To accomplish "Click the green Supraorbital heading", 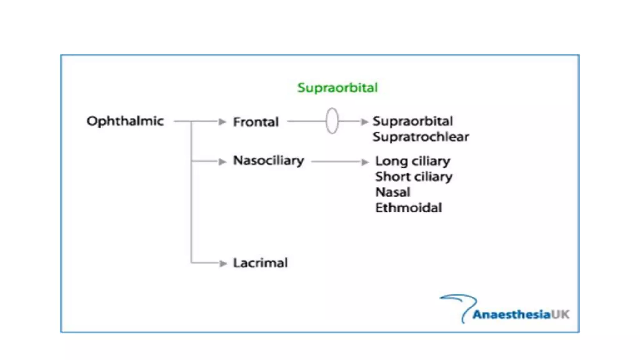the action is [337, 87].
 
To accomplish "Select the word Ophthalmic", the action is [125, 121].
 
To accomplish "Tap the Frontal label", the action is [256, 122].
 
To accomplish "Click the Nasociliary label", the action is [268, 161].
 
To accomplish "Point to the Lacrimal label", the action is [260, 263].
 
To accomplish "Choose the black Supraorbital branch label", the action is [412, 121].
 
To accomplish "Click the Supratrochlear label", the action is [421, 137].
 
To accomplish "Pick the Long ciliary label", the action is [412, 161].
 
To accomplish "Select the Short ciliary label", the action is [414, 177].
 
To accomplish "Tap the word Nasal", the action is [392, 192].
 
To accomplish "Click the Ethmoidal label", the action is [408, 208].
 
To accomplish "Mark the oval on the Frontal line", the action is [332, 121].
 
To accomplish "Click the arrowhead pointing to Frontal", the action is [222, 122].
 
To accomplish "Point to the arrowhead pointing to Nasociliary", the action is [222, 162].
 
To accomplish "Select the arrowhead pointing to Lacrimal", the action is [223, 263].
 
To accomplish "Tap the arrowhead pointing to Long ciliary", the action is [365, 162].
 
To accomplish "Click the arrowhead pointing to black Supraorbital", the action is [364, 122].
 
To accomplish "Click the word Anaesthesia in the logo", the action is [511, 315].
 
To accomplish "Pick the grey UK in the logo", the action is [560, 314].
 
